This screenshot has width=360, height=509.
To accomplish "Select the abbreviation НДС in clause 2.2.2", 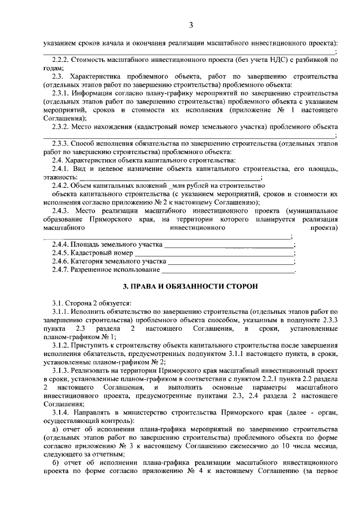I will point(287,59).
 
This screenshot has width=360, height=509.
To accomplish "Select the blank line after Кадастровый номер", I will point(216,254).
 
